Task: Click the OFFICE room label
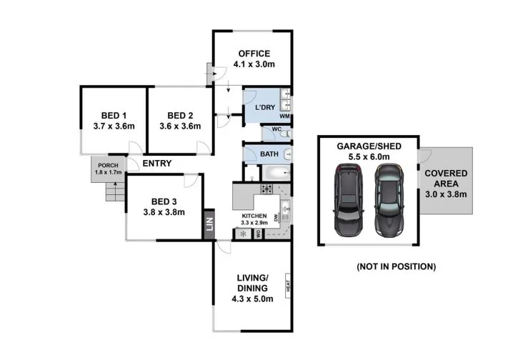tap(254, 54)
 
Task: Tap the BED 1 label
tap(114, 116)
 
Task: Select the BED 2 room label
tap(180, 116)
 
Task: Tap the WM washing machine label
tap(284, 116)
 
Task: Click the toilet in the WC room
tap(284, 134)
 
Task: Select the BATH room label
tap(269, 154)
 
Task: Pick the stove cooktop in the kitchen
tap(267, 189)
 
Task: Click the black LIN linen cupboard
tap(209, 224)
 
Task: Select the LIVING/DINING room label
tap(254, 283)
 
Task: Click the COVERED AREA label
tap(446, 179)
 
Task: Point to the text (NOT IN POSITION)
tap(396, 266)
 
